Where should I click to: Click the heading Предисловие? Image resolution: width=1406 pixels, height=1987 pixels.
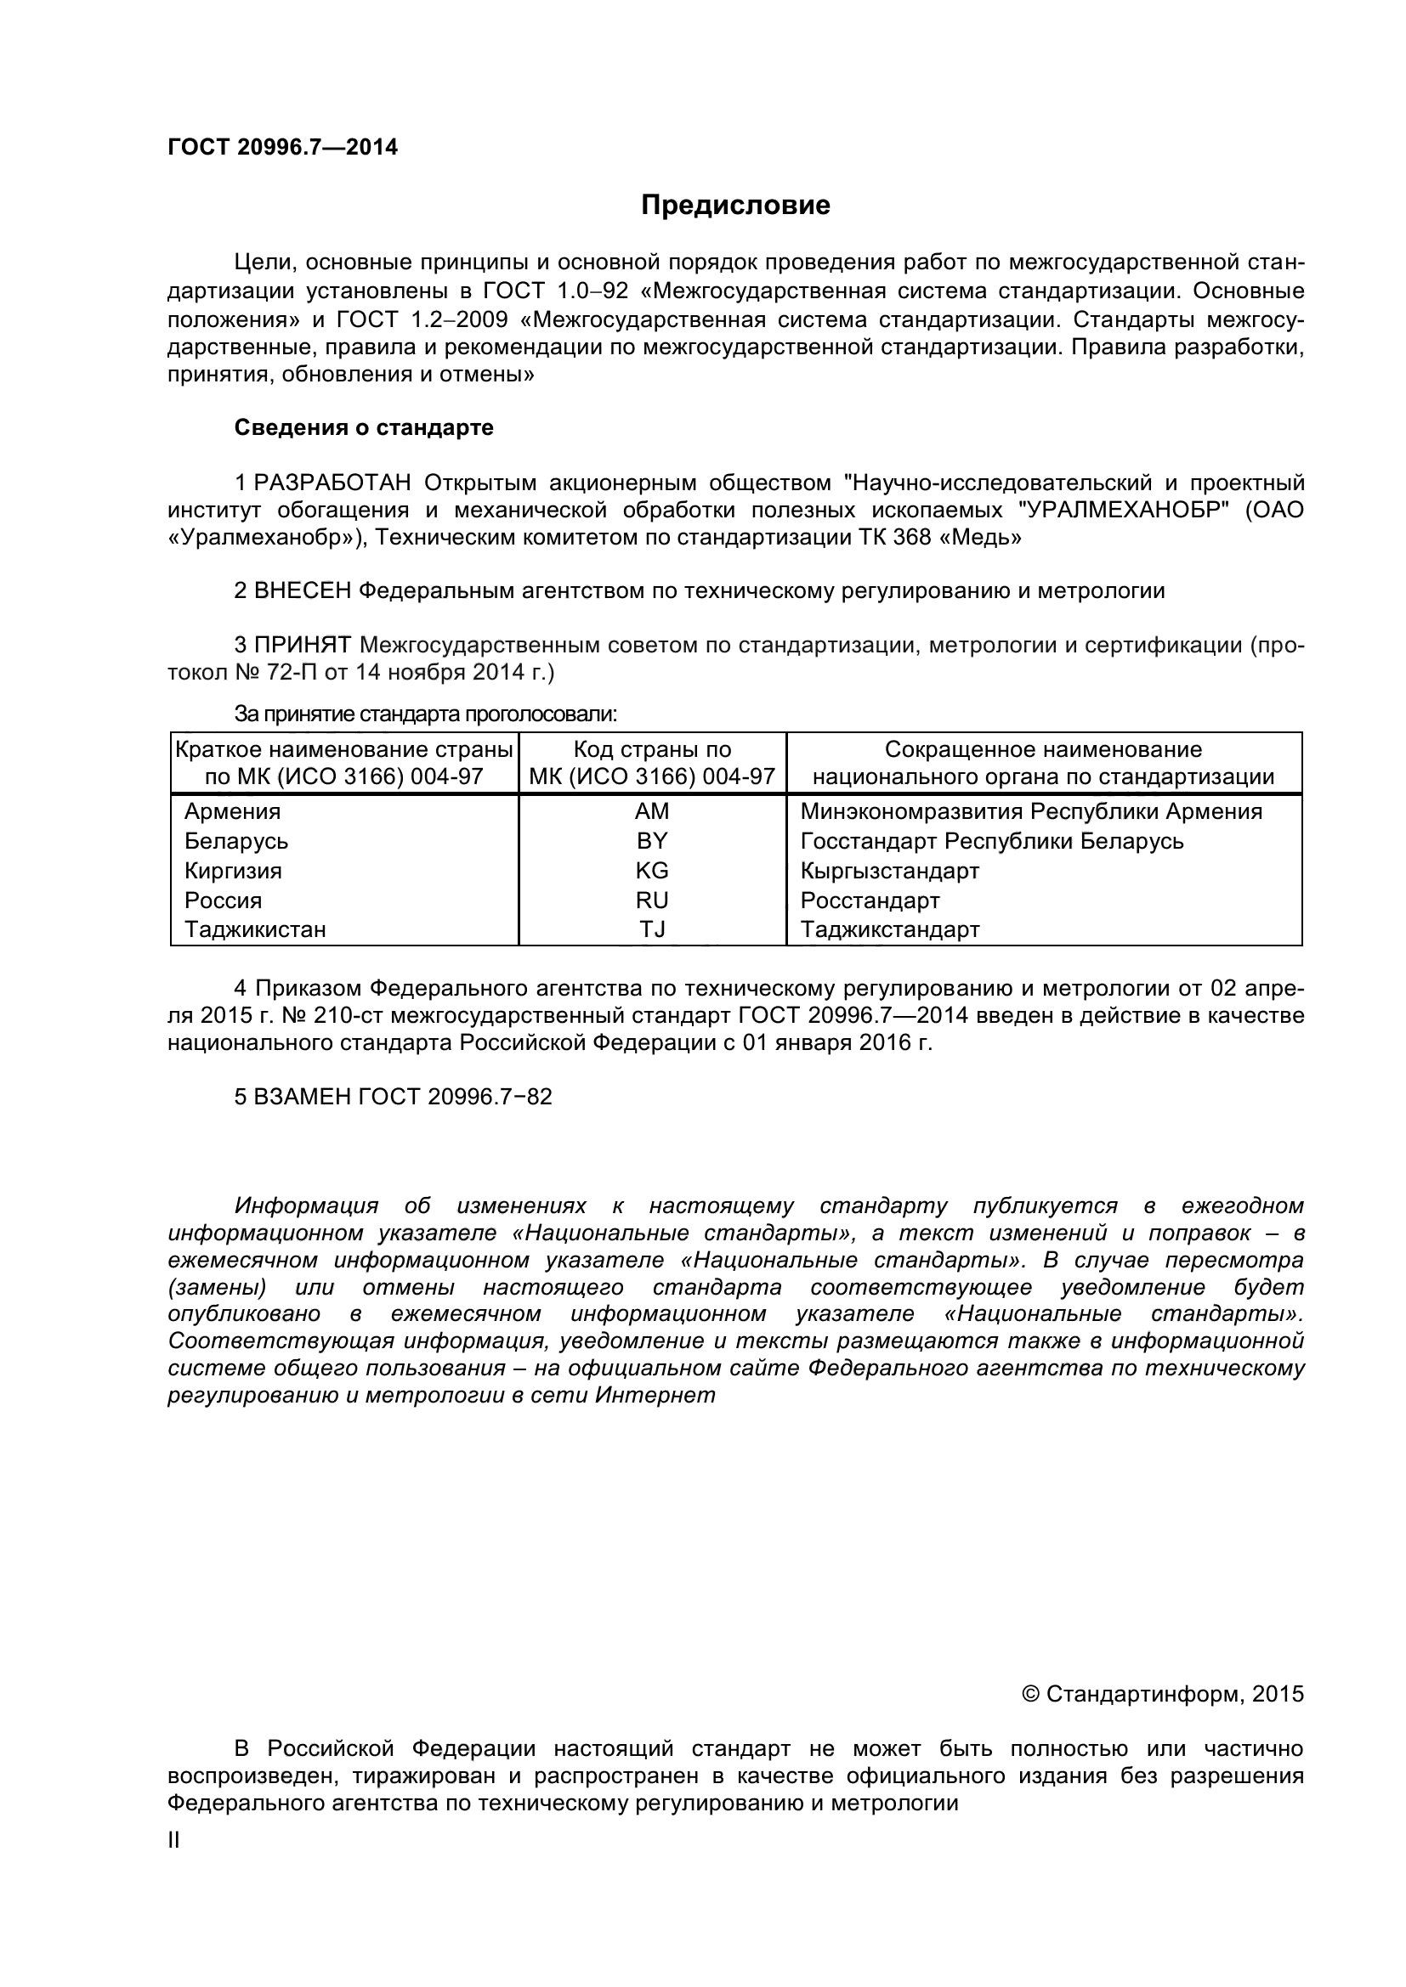[735, 205]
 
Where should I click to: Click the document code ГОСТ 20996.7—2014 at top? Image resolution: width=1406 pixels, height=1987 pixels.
[282, 147]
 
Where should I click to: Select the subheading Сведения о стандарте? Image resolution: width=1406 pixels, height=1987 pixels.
[364, 427]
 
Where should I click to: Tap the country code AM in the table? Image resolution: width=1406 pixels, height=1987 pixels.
[652, 811]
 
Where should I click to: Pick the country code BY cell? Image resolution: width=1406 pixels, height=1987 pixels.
[652, 840]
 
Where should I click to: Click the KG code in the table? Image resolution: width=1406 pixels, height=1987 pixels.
[652, 870]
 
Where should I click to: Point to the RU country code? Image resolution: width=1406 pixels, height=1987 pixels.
[652, 900]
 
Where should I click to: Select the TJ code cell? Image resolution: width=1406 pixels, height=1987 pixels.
[652, 929]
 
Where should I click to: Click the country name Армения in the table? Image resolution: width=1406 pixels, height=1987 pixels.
[233, 811]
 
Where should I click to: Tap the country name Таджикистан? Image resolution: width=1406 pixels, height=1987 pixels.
[255, 929]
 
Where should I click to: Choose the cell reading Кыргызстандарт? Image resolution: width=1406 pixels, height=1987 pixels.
[889, 870]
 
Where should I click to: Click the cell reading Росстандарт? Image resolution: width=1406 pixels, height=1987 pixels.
[870, 900]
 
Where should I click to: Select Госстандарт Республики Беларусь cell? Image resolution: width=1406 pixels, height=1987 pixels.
[991, 840]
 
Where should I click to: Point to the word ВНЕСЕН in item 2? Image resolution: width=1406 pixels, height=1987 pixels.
[303, 591]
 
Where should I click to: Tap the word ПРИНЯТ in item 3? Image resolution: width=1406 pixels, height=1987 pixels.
[303, 645]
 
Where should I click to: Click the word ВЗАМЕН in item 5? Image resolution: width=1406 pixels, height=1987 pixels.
[303, 1097]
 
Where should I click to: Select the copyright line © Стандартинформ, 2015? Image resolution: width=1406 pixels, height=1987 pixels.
[1163, 1694]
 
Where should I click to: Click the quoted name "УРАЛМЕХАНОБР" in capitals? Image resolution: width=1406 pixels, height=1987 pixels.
[1126, 510]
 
